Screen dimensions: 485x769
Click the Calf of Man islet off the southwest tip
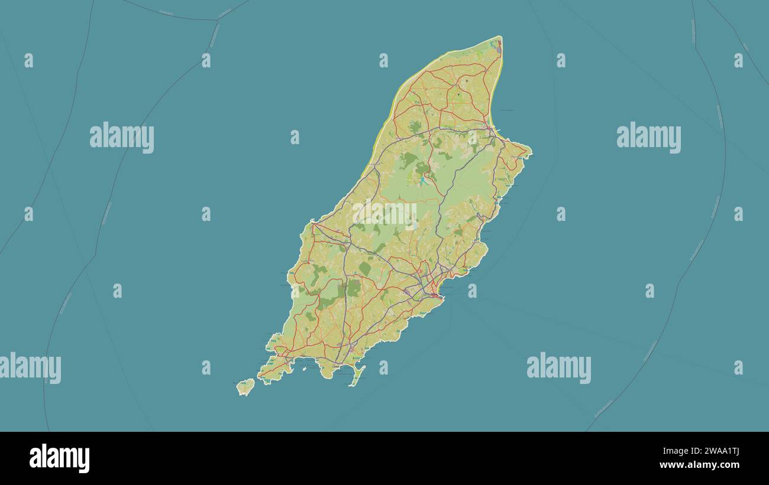[245, 387]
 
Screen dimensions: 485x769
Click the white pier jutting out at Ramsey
[497, 131]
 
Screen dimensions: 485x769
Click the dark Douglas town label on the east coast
[435, 294]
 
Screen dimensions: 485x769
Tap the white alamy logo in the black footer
[59, 458]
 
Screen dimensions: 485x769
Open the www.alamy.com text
[699, 465]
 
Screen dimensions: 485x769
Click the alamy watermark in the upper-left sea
[122, 137]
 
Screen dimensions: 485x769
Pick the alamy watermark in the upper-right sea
[648, 137]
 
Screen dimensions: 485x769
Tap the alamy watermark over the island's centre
[384, 214]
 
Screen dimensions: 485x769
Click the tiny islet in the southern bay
[307, 367]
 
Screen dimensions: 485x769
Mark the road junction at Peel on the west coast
[314, 224]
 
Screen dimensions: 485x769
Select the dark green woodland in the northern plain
[415, 126]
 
